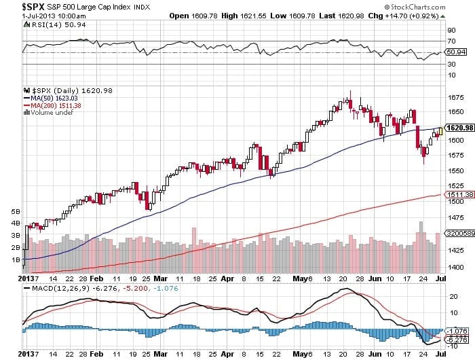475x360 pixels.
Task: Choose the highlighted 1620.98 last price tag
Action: (x=457, y=128)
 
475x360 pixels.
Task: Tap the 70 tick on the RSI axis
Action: (x=450, y=41)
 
